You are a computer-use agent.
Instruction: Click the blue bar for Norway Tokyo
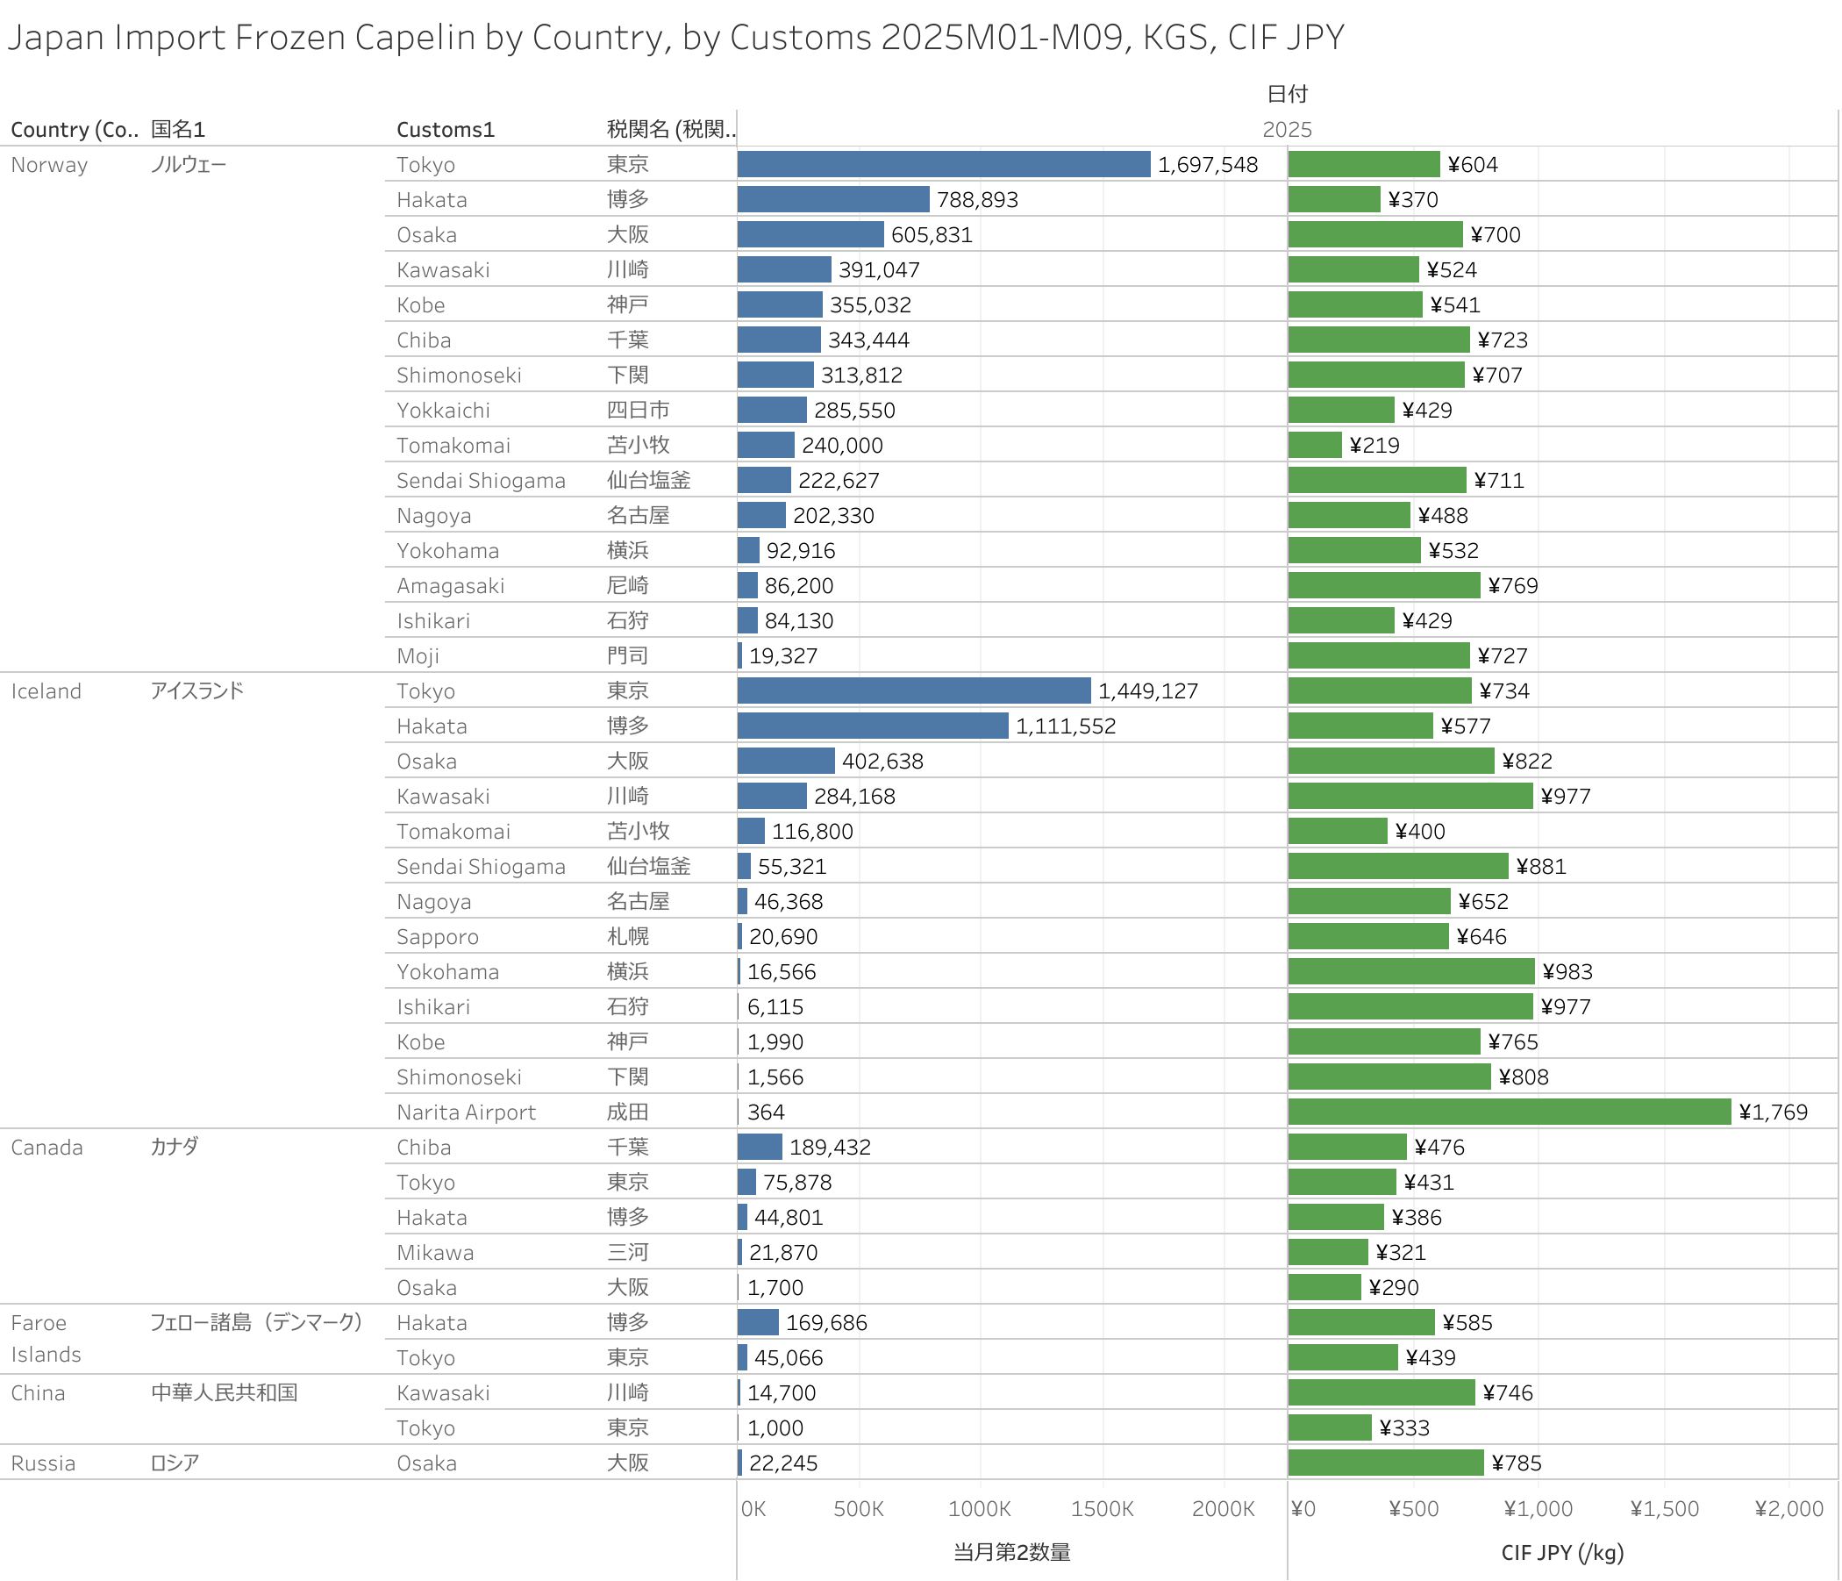[x=943, y=164]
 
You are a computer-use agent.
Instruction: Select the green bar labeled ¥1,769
[x=1509, y=1112]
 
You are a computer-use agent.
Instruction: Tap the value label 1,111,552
[x=1065, y=726]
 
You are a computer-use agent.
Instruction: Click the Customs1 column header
[x=445, y=130]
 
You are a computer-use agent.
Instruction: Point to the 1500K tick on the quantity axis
[x=1102, y=1509]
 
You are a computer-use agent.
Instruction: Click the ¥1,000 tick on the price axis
[x=1538, y=1509]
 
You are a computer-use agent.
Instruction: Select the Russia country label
[x=43, y=1463]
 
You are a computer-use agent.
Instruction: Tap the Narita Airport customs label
[x=466, y=1112]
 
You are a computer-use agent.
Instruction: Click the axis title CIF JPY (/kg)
[x=1562, y=1553]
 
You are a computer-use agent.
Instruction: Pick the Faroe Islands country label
[x=46, y=1338]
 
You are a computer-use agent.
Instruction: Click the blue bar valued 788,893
[x=833, y=199]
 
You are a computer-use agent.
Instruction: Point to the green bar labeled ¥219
[x=1315, y=445]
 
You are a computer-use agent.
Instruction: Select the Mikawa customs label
[x=435, y=1253]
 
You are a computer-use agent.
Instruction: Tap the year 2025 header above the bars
[x=1287, y=130]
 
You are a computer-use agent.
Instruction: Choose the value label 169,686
[x=826, y=1323]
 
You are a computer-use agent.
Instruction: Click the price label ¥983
[x=1567, y=972]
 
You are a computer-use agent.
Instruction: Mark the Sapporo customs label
[x=438, y=937]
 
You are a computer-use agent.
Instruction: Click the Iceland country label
[x=46, y=690]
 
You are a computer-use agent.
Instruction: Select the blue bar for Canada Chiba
[x=760, y=1147]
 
